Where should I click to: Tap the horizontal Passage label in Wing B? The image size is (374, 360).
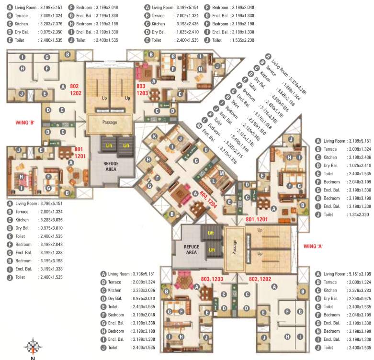pos(110,122)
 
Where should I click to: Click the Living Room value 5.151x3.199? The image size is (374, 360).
pos(357,274)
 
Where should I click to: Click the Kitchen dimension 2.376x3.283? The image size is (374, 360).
pos(357,291)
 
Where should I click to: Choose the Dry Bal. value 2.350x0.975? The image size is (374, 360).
pos(357,299)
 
